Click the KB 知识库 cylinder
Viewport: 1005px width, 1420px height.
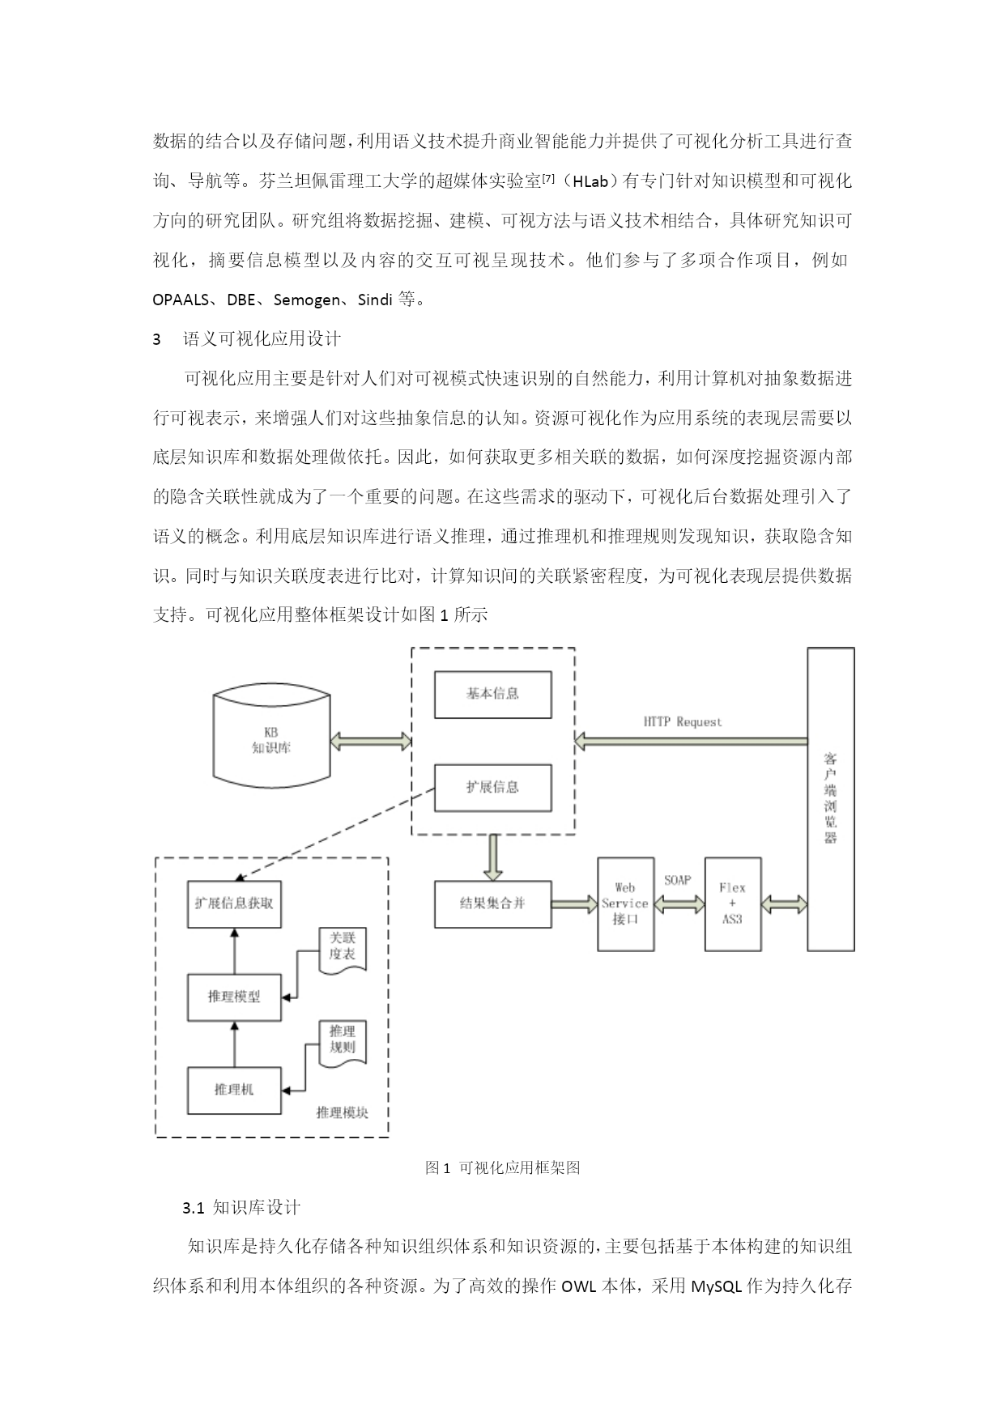(x=271, y=740)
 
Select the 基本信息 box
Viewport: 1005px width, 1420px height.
(x=492, y=694)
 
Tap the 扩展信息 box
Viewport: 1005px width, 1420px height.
(x=492, y=787)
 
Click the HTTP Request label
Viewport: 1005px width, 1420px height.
(x=683, y=721)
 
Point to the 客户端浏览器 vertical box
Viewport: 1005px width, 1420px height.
(x=831, y=798)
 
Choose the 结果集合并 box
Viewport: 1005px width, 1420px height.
(x=492, y=903)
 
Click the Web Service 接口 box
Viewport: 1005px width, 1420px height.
(x=625, y=903)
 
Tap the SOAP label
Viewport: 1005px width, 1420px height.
(x=677, y=880)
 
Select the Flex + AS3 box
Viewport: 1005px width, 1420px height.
(x=733, y=903)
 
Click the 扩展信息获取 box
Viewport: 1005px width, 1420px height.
(x=234, y=903)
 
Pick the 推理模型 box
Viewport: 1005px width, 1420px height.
(x=234, y=997)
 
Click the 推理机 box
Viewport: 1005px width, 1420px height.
(x=234, y=1091)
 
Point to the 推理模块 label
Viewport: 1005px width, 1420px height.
(x=343, y=1113)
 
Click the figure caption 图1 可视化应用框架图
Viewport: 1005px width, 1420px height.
(x=502, y=1167)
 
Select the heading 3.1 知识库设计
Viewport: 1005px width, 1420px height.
(x=241, y=1208)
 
